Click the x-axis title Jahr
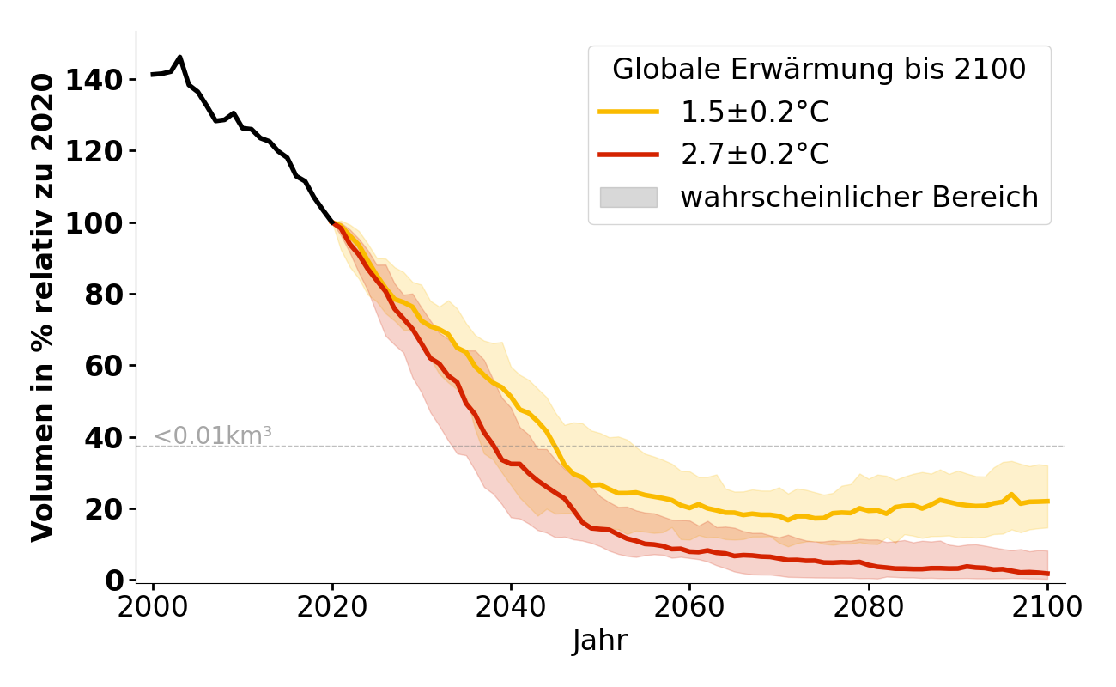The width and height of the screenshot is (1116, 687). click(x=599, y=641)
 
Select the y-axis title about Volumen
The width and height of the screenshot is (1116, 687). click(x=43, y=307)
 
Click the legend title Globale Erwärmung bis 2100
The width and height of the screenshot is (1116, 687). click(x=819, y=70)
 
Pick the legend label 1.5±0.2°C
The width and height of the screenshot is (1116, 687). click(x=755, y=112)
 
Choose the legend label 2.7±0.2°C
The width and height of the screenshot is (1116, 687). click(x=755, y=155)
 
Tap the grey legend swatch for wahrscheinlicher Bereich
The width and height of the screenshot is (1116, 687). click(x=628, y=197)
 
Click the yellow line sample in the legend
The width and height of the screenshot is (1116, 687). click(x=628, y=112)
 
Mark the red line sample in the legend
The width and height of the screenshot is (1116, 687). click(x=628, y=155)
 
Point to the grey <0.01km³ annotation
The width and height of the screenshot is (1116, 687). click(x=213, y=435)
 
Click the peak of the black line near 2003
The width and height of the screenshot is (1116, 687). click(x=179, y=58)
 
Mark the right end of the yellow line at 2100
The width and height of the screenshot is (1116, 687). click(x=1047, y=501)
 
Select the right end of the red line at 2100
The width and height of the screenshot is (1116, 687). click(x=1047, y=574)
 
